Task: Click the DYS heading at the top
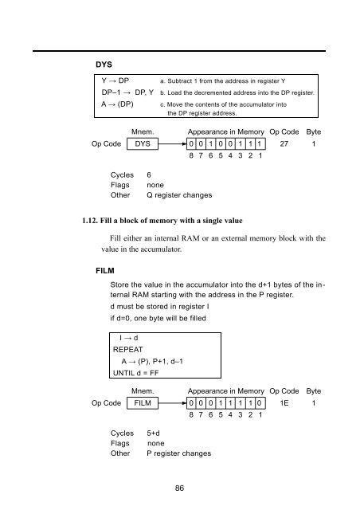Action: [104, 65]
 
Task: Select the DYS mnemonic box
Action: [143, 143]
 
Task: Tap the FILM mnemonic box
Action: [143, 403]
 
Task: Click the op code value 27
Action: [284, 143]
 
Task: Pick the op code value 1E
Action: [284, 403]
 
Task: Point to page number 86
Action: [179, 488]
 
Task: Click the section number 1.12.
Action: [90, 221]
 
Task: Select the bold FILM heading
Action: [105, 271]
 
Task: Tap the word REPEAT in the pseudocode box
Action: [127, 350]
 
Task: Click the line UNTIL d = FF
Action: [135, 373]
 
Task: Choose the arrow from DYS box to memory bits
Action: [172, 143]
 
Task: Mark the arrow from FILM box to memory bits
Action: [172, 403]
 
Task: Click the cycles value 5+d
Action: [153, 433]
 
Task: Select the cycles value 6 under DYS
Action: [149, 175]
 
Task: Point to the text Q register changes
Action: [179, 195]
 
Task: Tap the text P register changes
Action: [179, 453]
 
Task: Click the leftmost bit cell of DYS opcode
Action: [191, 143]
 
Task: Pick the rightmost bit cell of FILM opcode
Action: [260, 403]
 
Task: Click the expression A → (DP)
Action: [117, 104]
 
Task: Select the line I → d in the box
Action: [129, 338]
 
